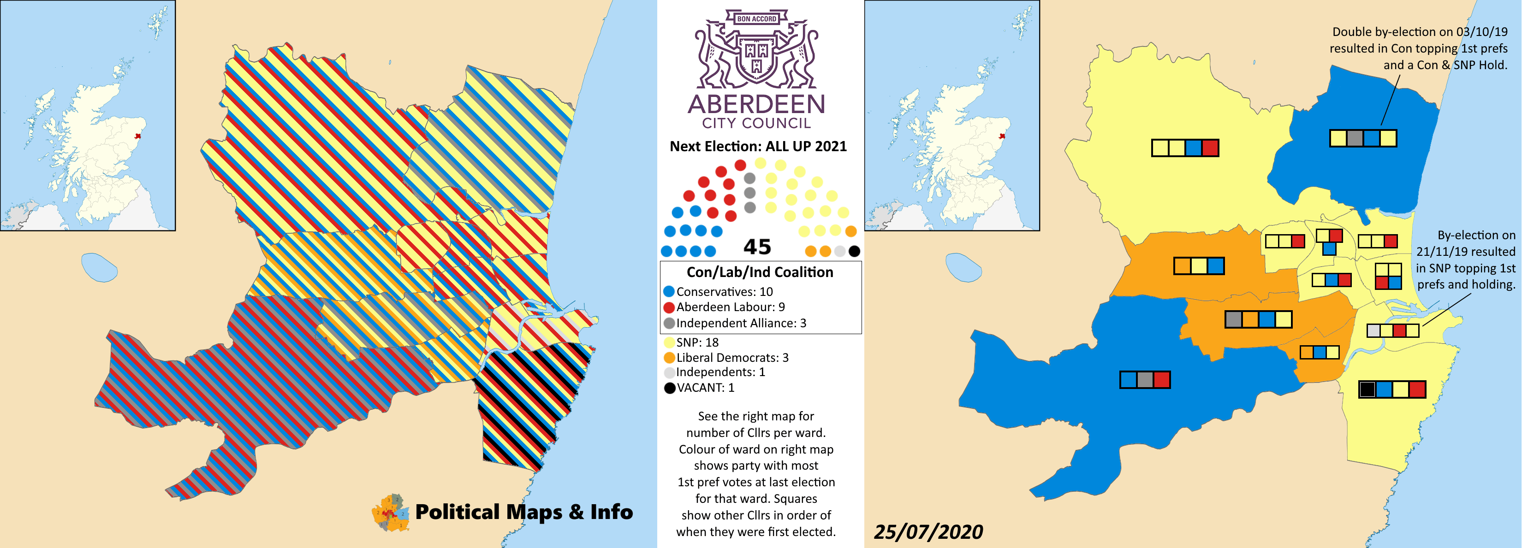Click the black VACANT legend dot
(669, 388)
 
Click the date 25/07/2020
(928, 532)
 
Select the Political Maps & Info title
(523, 512)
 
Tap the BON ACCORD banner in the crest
(756, 19)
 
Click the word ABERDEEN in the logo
(756, 104)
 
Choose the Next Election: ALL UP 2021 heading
(758, 147)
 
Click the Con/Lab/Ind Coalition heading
(760, 272)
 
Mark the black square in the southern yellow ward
(1367, 389)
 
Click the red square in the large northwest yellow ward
(1210, 147)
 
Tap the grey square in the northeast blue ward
(1355, 139)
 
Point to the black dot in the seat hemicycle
(854, 252)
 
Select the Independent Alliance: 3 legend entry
(740, 323)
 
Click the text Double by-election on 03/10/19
(1420, 32)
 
